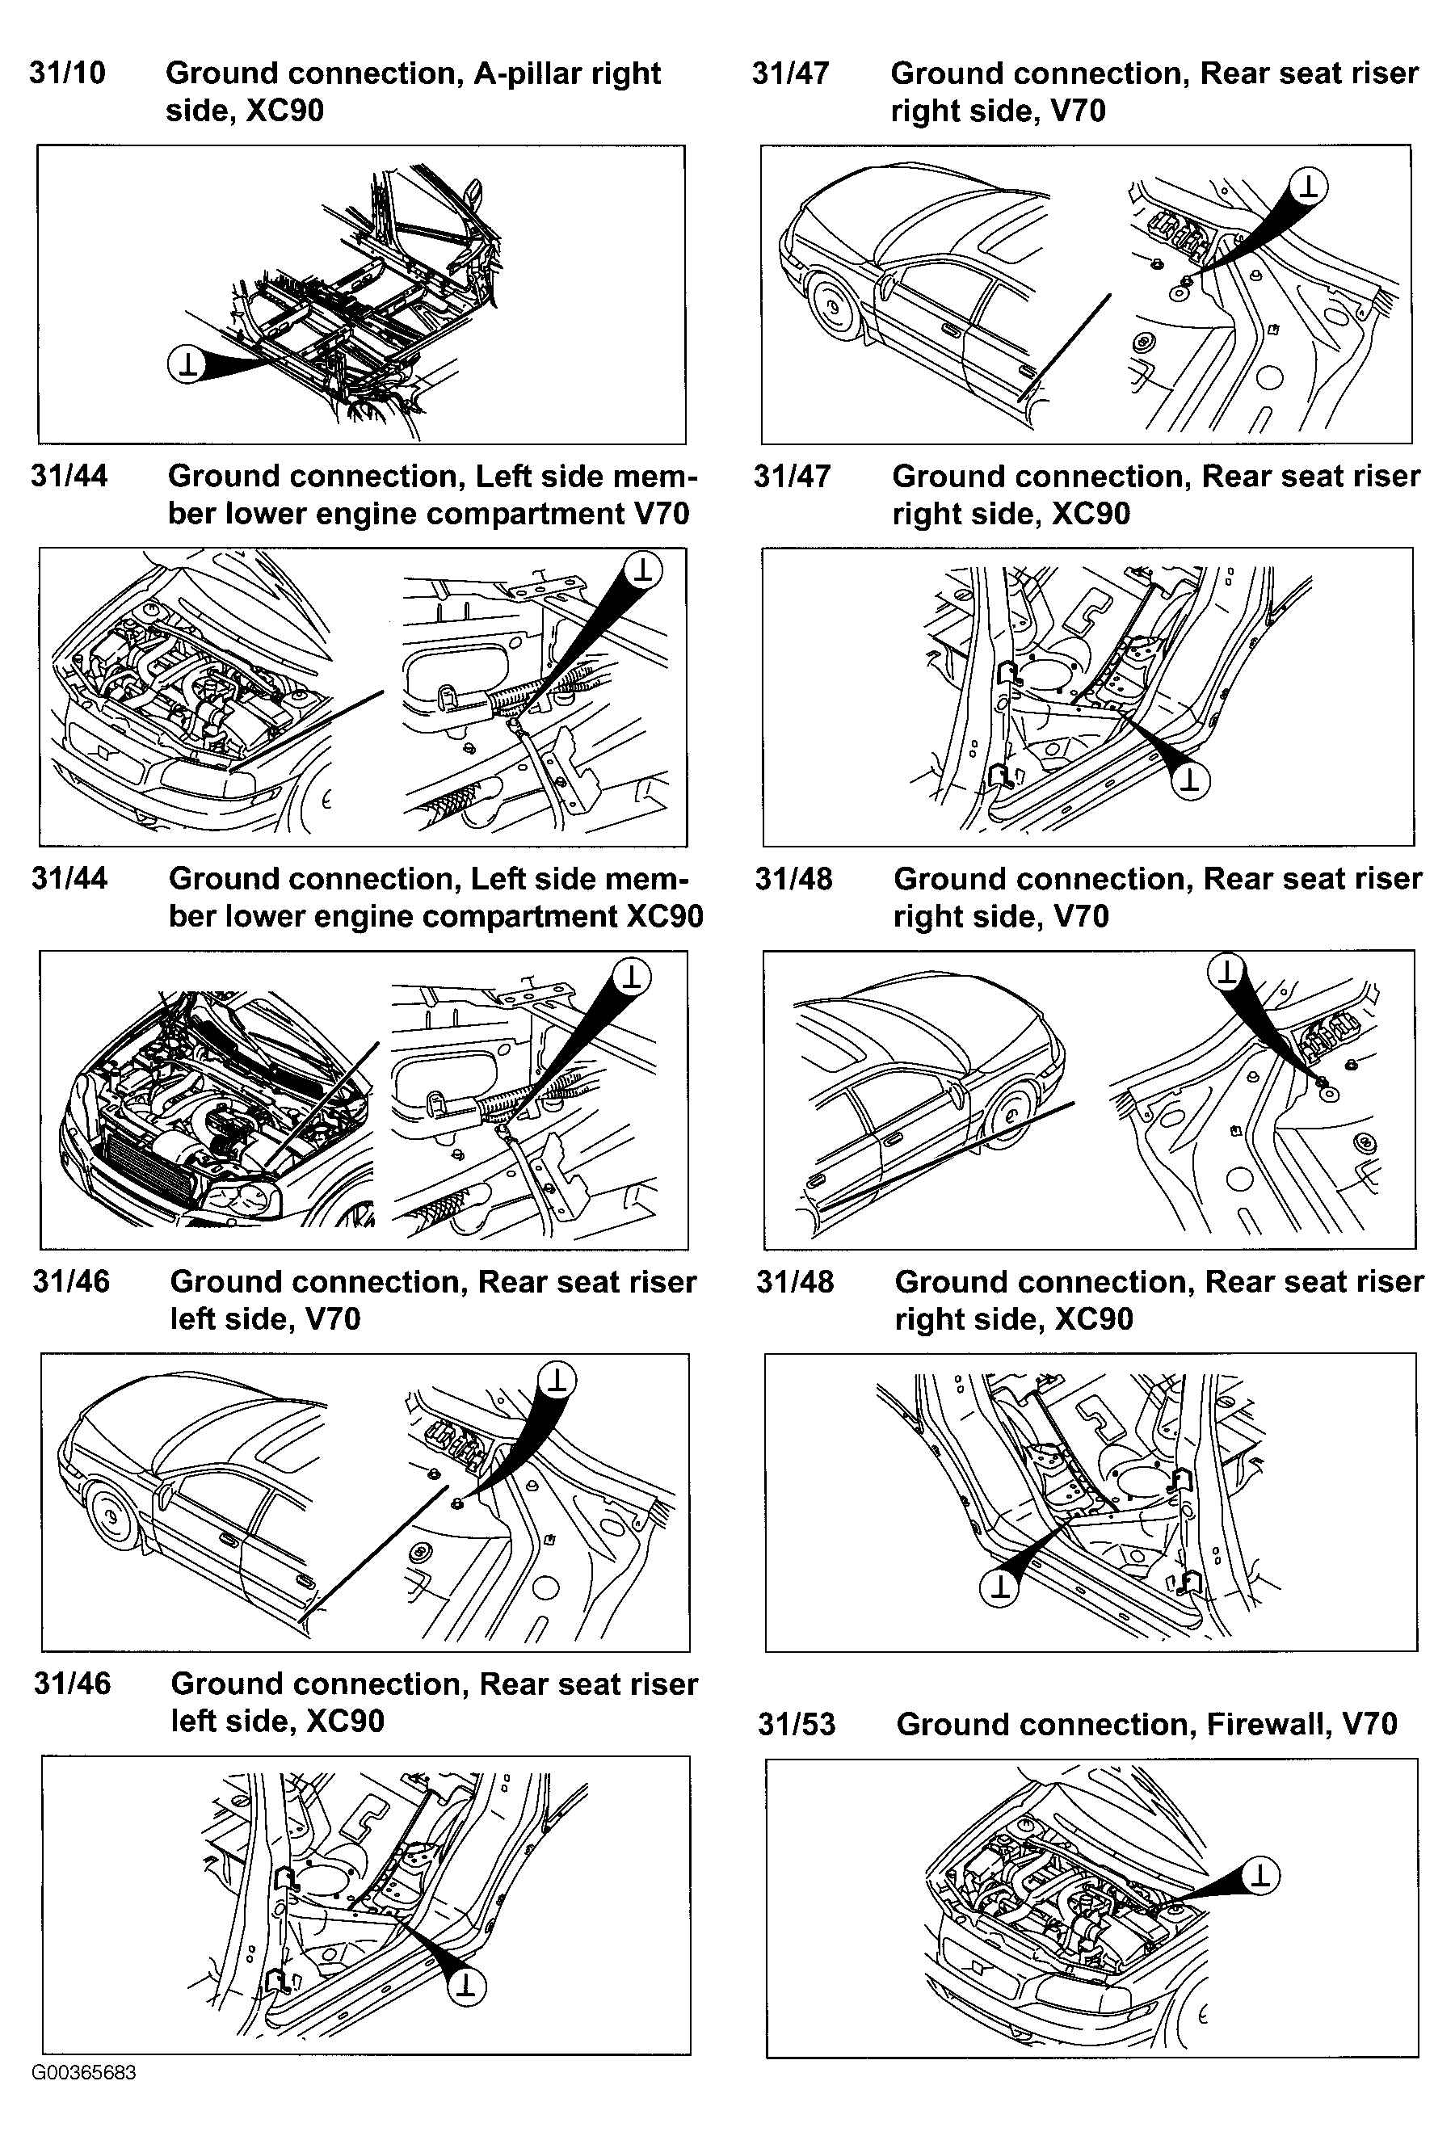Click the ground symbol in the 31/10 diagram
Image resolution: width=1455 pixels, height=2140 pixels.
[187, 364]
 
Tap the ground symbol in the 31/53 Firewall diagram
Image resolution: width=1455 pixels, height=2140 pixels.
[1260, 1876]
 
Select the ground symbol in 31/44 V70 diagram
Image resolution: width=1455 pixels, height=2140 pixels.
[643, 569]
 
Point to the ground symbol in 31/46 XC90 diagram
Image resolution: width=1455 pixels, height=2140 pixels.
[467, 1987]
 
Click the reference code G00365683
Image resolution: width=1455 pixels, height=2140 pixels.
[84, 2073]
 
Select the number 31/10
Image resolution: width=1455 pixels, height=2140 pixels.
[67, 73]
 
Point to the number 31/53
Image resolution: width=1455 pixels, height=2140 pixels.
[797, 1724]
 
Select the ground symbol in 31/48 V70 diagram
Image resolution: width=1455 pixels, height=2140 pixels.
[1226, 970]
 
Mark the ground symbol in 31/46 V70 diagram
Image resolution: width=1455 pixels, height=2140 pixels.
[556, 1379]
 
